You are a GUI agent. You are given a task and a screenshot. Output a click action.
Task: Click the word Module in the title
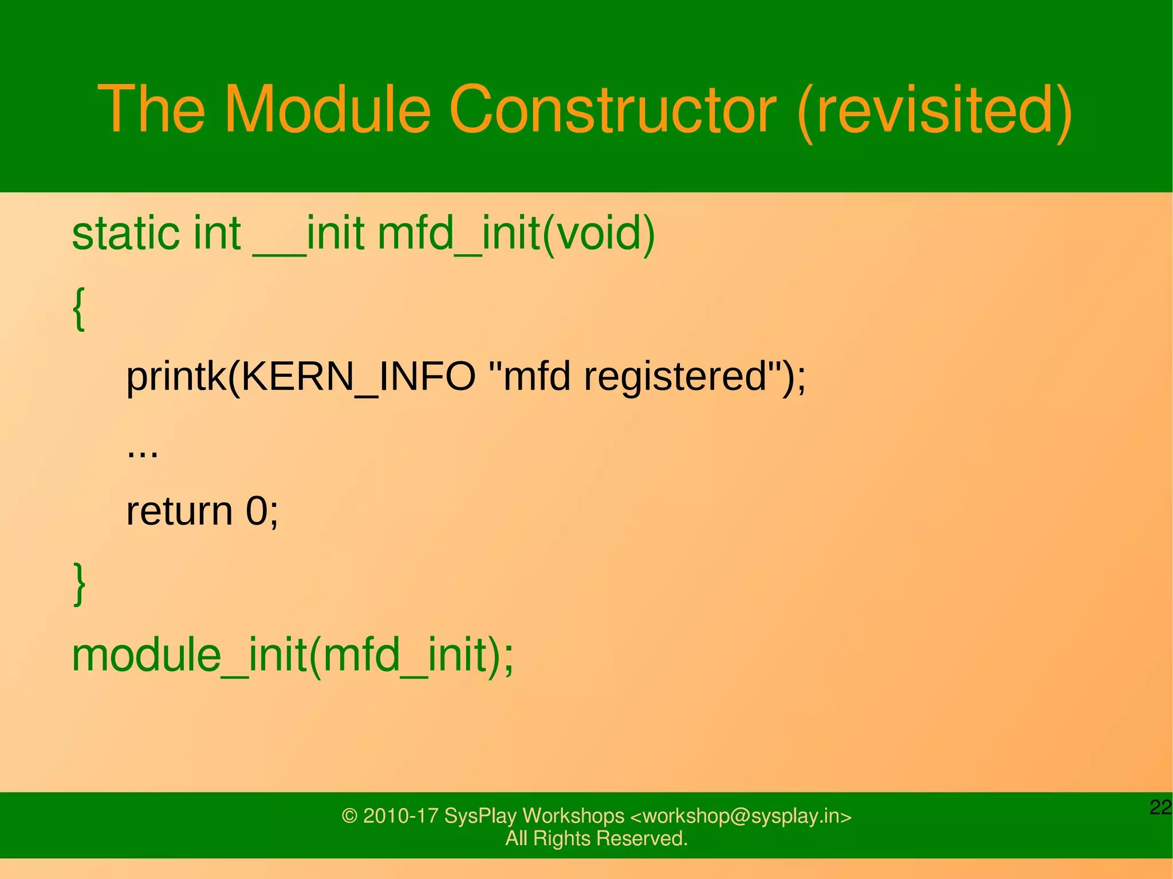[327, 109]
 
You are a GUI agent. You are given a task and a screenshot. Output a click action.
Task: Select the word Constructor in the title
[612, 109]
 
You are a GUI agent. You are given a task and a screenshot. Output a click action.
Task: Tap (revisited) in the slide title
[934, 111]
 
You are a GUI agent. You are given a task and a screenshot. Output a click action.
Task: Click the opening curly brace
[80, 309]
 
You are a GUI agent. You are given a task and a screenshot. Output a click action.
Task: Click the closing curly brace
[80, 584]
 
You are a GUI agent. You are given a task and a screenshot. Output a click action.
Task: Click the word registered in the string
[675, 377]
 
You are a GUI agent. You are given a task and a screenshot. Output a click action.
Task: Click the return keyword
[179, 511]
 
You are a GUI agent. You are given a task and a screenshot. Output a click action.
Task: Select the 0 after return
[257, 511]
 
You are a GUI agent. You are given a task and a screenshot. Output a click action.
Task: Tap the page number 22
[1160, 807]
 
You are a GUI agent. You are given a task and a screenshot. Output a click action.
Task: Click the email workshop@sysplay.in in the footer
[741, 815]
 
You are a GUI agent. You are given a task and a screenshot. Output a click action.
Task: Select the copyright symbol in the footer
[349, 815]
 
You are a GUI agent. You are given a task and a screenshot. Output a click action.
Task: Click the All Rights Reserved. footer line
[596, 838]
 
